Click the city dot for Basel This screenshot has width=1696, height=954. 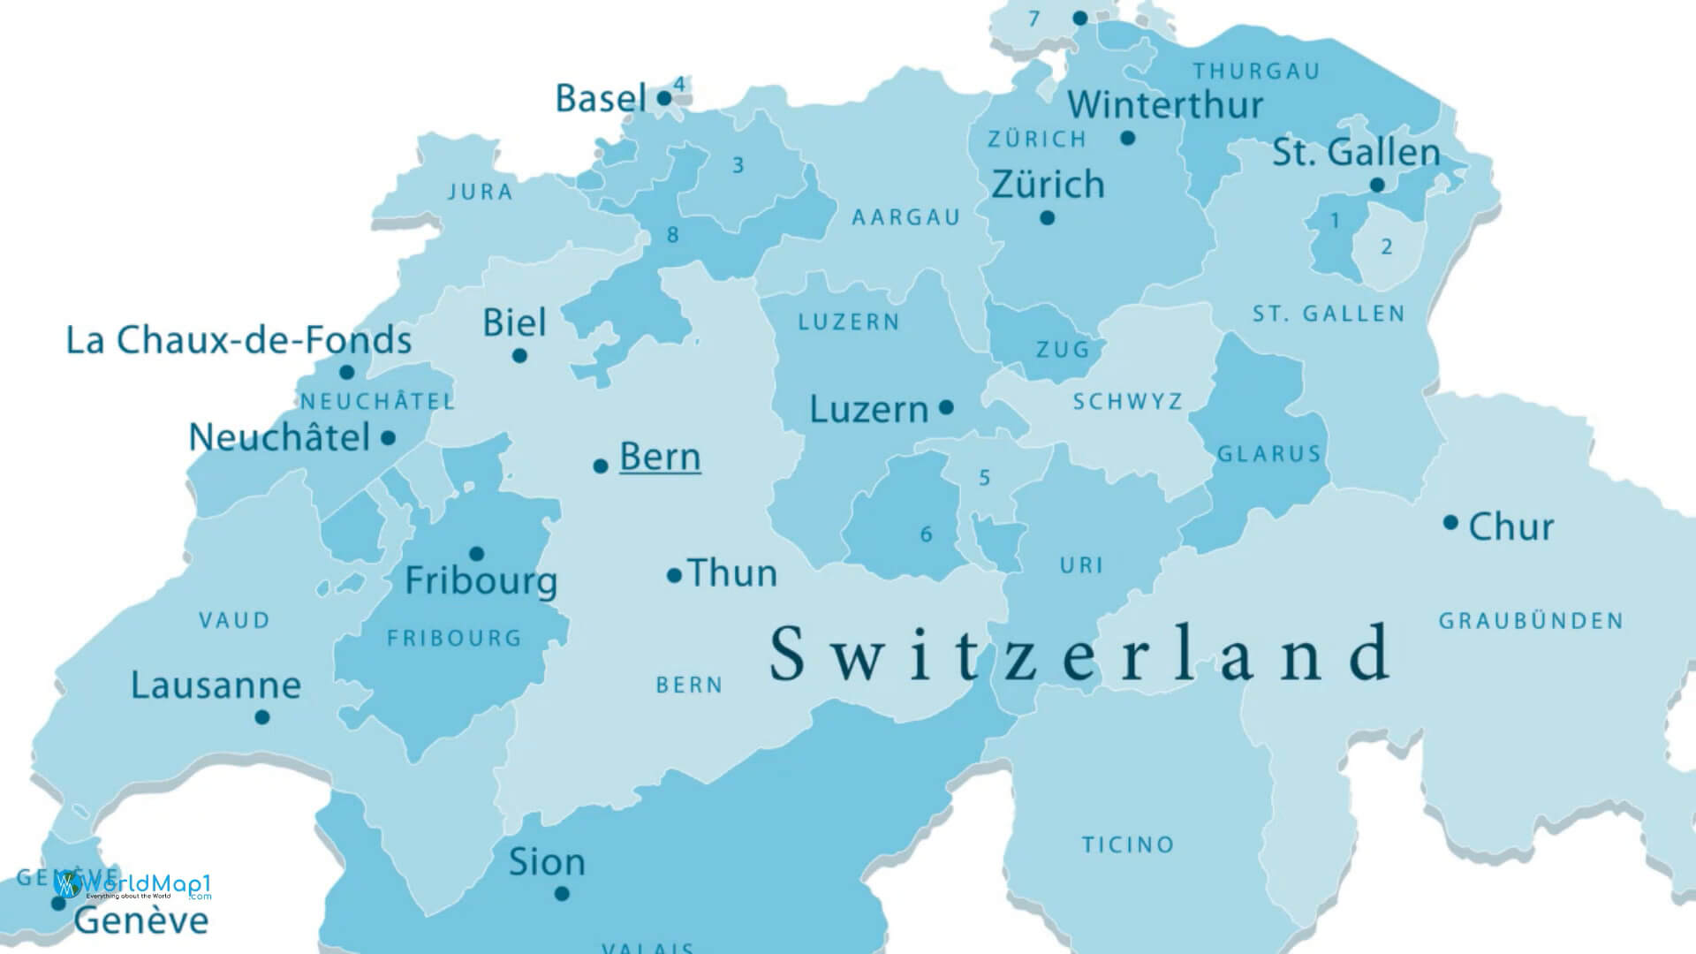(x=664, y=98)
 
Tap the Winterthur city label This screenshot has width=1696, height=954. (x=1165, y=104)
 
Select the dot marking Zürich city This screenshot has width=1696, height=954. (x=1047, y=217)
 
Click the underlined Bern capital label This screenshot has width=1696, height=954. (x=660, y=457)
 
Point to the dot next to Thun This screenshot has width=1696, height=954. (x=674, y=576)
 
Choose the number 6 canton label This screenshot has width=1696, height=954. (x=926, y=534)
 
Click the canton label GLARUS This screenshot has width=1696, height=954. (x=1268, y=454)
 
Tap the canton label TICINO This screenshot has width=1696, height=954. (x=1128, y=845)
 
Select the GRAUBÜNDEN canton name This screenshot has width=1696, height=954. (x=1531, y=621)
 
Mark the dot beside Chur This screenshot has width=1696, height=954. (x=1450, y=522)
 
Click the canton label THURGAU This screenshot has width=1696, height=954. (x=1256, y=71)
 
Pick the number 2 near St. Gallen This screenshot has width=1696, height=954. (x=1386, y=246)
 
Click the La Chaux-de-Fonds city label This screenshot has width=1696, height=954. (x=238, y=340)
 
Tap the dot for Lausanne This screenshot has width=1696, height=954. (x=261, y=717)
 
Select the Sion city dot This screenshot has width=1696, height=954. (x=561, y=894)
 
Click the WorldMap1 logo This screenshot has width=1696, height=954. (x=132, y=884)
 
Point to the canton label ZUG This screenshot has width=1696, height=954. (x=1063, y=350)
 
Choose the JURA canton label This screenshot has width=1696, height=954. (x=480, y=192)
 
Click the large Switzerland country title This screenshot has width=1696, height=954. (x=1079, y=654)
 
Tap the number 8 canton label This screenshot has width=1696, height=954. (x=673, y=235)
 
